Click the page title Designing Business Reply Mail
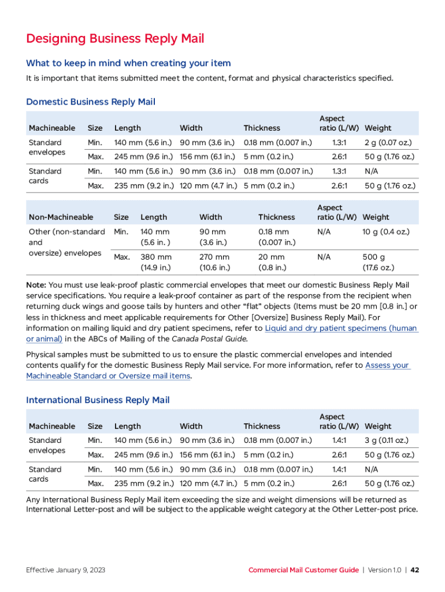point(115,39)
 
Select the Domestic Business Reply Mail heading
point(91,102)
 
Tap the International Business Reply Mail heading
point(98,399)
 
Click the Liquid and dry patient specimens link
point(341,328)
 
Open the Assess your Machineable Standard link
point(387,365)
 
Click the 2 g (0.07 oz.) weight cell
point(387,142)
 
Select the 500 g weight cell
point(374,257)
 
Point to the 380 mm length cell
point(155,257)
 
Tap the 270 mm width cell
point(214,257)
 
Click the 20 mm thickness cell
point(271,257)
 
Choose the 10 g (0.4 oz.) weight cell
point(386,232)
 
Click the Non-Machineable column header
point(61,217)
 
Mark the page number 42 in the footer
point(414,570)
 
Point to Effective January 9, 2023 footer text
point(65,570)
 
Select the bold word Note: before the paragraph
point(36,285)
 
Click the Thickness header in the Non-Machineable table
point(276,217)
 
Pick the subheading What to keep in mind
point(128,63)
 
